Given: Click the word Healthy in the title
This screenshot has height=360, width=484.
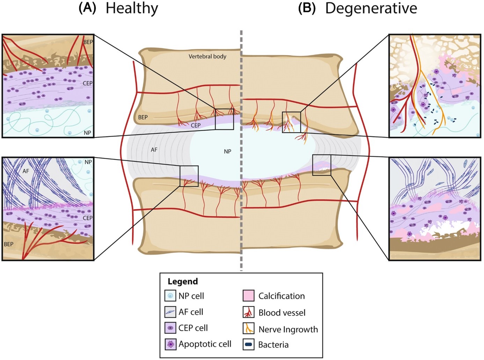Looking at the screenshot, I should tap(132, 8).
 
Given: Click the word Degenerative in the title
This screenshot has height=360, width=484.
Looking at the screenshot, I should tap(371, 8).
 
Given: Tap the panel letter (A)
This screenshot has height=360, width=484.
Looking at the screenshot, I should tap(87, 8).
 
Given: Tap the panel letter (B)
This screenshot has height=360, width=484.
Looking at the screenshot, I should tap(306, 8).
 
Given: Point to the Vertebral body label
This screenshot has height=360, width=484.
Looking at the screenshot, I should tap(207, 56).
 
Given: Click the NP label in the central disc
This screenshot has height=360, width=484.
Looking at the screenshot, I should tap(227, 151).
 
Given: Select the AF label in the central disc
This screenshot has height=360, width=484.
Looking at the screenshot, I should tap(154, 150).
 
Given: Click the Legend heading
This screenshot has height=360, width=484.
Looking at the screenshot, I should tap(183, 281).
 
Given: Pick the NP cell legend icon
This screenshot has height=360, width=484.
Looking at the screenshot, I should tap(170, 296).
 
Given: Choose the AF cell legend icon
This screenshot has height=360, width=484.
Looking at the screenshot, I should tap(170, 312).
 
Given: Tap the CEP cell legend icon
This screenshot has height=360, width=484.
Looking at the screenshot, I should tap(170, 328).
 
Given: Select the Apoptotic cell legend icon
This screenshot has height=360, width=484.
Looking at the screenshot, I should tap(170, 344).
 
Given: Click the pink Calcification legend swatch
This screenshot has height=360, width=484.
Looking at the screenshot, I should tap(248, 296).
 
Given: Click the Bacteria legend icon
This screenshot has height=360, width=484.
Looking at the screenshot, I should tap(248, 345).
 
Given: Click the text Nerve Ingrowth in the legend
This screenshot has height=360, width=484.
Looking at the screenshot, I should tap(288, 329).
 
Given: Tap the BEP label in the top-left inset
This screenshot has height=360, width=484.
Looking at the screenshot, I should tap(88, 42).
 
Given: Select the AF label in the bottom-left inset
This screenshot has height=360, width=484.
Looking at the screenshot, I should tap(26, 171).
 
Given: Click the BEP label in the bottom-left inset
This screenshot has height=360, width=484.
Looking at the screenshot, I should tap(9, 244).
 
